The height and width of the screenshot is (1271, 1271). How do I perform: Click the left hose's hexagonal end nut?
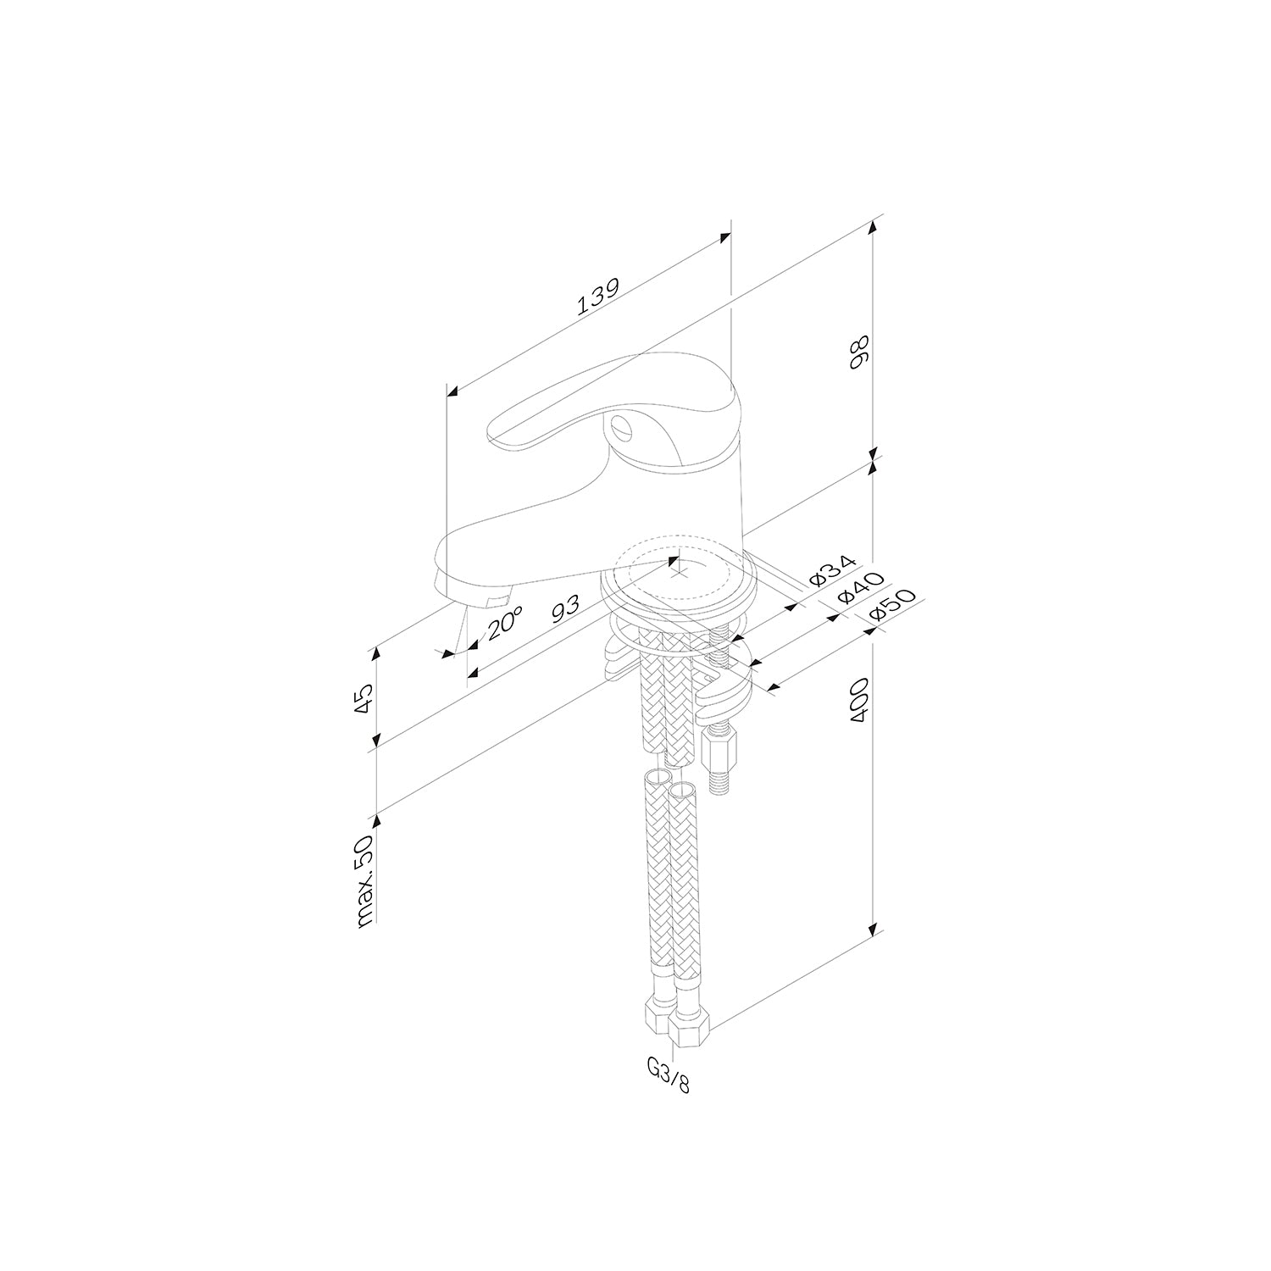tap(658, 1013)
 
